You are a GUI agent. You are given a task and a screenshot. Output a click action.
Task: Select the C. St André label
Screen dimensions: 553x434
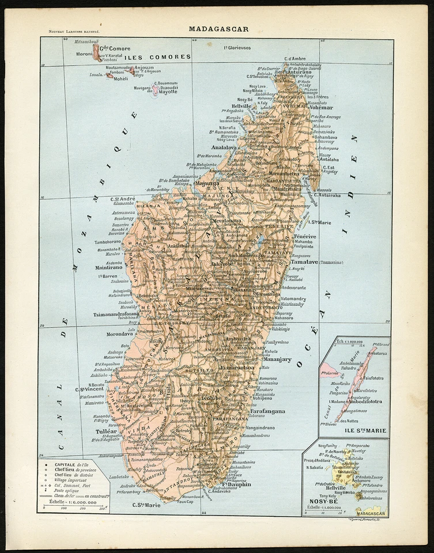(x=123, y=199)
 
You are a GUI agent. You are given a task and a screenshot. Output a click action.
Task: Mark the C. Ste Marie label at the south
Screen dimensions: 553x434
(x=146, y=505)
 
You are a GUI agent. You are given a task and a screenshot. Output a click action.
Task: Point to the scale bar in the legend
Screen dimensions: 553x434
(x=73, y=504)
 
